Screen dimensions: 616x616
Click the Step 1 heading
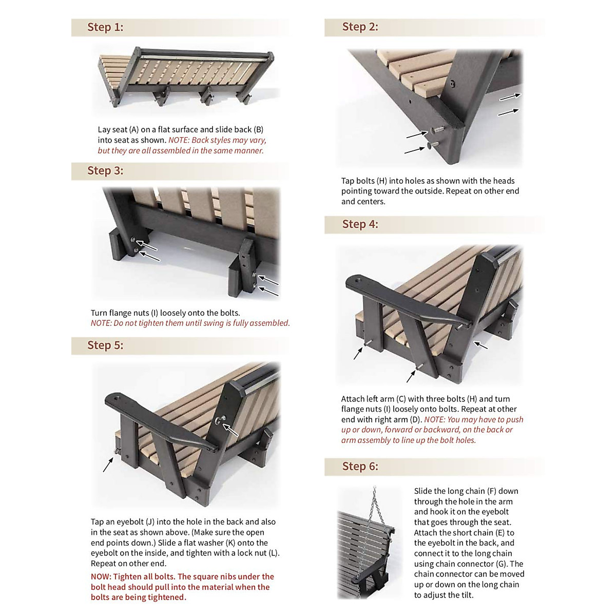(x=105, y=27)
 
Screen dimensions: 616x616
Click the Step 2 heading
(x=360, y=27)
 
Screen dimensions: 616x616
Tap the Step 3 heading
(x=105, y=171)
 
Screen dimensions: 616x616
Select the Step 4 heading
(x=360, y=224)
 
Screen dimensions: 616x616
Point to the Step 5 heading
(x=105, y=345)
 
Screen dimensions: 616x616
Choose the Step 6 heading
(x=360, y=467)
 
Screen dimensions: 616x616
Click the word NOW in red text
(x=101, y=576)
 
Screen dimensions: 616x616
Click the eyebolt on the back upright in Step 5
(x=220, y=421)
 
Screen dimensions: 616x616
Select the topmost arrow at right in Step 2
(x=509, y=97)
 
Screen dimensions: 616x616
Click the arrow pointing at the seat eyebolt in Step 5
(x=108, y=464)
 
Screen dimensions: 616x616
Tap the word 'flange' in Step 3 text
(x=121, y=313)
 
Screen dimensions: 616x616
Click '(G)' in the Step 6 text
(x=502, y=564)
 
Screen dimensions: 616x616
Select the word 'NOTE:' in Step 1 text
(x=179, y=140)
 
